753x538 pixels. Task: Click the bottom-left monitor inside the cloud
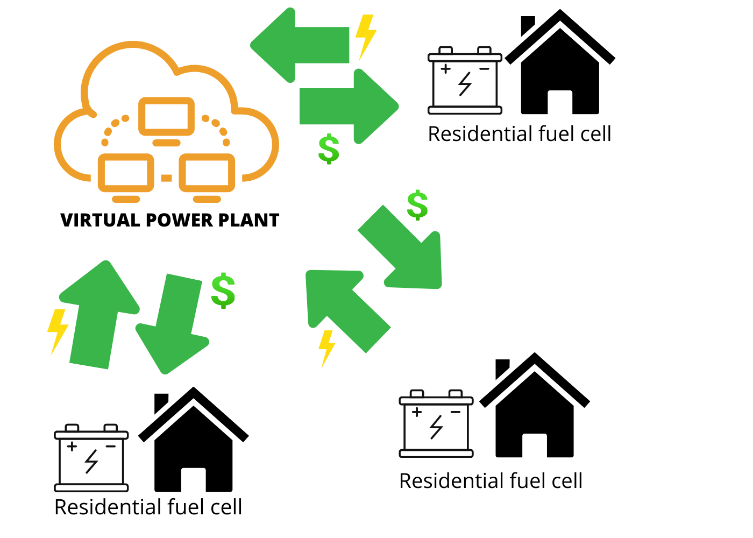click(126, 173)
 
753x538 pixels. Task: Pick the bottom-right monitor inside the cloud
click(207, 173)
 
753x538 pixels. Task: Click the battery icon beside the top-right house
click(465, 82)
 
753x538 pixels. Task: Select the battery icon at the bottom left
click(91, 459)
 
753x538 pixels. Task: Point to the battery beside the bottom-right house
click(436, 425)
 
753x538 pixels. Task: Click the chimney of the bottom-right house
click(501, 368)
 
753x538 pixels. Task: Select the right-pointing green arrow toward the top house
click(350, 106)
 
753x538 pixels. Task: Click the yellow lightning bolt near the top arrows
click(366, 36)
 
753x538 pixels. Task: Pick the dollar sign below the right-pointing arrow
click(329, 149)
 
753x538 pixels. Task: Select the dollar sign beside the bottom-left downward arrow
click(223, 291)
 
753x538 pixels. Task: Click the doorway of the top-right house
click(560, 102)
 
